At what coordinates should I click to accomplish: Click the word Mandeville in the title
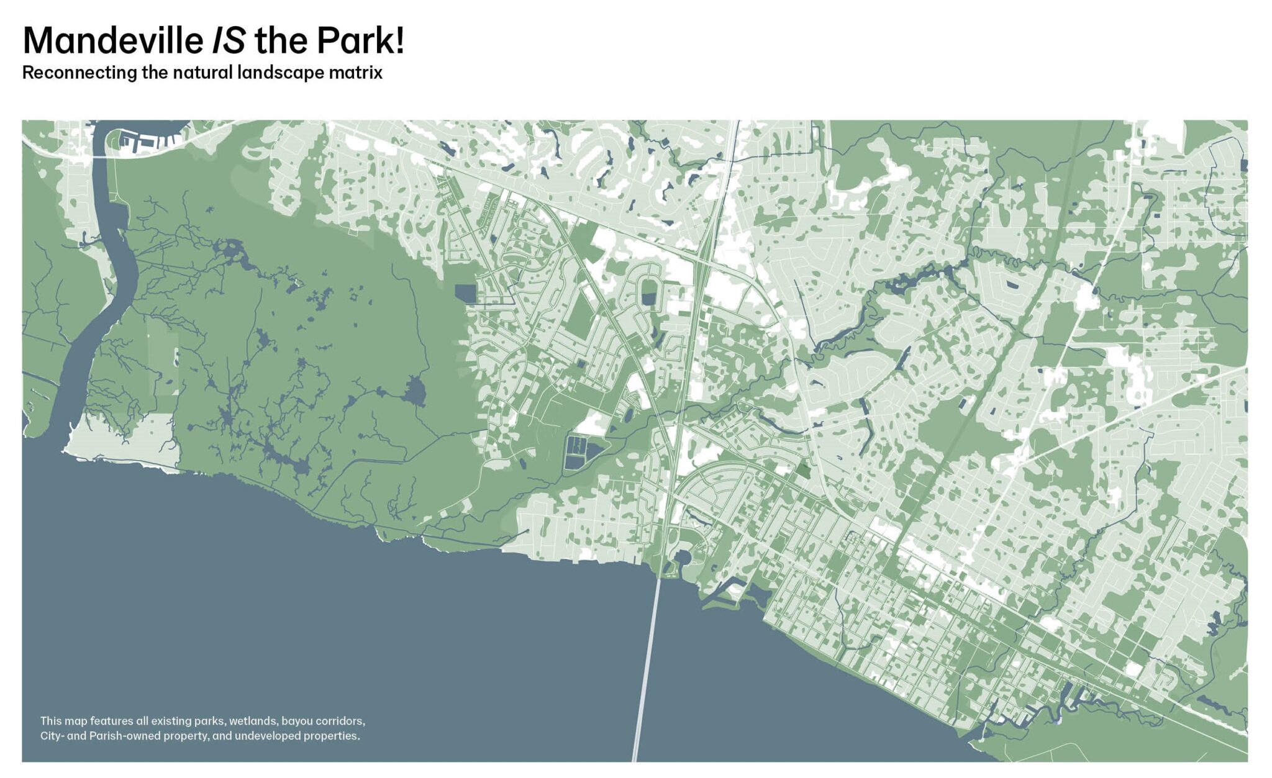pos(112,41)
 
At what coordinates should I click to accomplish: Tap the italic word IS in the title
pos(229,41)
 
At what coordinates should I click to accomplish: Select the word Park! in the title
pos(361,41)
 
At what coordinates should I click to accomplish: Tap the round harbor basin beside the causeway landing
pos(681,557)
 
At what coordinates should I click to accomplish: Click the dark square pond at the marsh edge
pos(464,293)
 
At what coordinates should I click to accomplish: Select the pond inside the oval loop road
pos(648,298)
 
